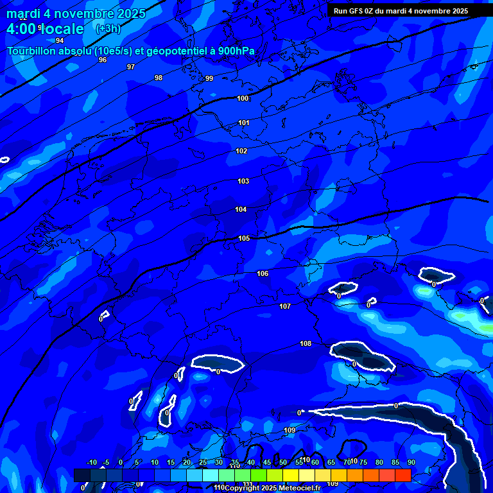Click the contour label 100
pyautogui.click(x=243, y=98)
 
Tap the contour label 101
pyautogui.click(x=244, y=123)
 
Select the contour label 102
pyautogui.click(x=241, y=151)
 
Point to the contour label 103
pyautogui.click(x=243, y=182)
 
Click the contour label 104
pyautogui.click(x=241, y=210)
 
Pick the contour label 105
pyautogui.click(x=244, y=238)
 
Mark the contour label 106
pyautogui.click(x=263, y=274)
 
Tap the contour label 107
pyautogui.click(x=285, y=307)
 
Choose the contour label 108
pyautogui.click(x=306, y=344)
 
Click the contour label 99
pyautogui.click(x=209, y=78)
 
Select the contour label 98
pyautogui.click(x=159, y=78)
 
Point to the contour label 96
pyautogui.click(x=103, y=60)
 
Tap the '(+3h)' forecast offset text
pyautogui.click(x=108, y=29)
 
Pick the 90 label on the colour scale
pyautogui.click(x=411, y=462)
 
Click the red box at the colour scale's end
pyautogui.click(x=402, y=475)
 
